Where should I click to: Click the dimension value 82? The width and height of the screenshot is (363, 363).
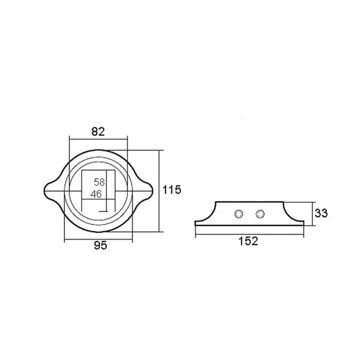tap(98, 132)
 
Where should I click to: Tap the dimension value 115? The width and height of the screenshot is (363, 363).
tap(171, 190)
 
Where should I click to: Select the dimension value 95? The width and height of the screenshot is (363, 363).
tap(101, 245)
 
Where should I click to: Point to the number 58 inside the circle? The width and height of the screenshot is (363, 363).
tap(99, 182)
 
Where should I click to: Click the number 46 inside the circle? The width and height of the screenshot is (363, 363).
tap(96, 194)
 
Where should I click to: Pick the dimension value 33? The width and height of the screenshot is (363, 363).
tap(321, 213)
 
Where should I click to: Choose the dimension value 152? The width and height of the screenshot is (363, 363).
tap(248, 241)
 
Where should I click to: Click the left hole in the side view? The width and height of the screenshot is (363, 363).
tap(239, 214)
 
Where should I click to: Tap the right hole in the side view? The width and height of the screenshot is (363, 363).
tap(260, 214)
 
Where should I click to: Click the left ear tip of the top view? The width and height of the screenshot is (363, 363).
tap(44, 191)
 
